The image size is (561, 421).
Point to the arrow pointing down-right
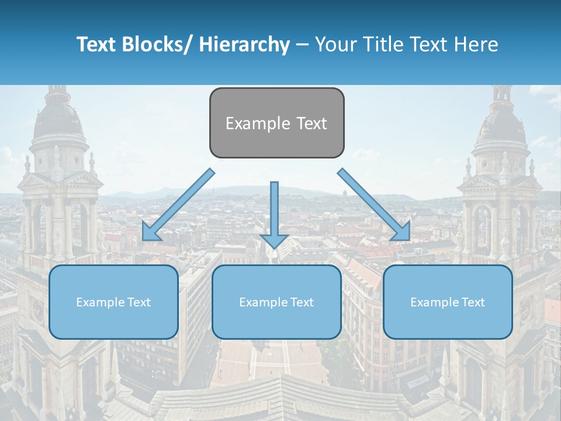(x=374, y=205)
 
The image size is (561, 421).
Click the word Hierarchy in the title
(x=244, y=44)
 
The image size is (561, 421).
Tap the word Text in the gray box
(x=311, y=123)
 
